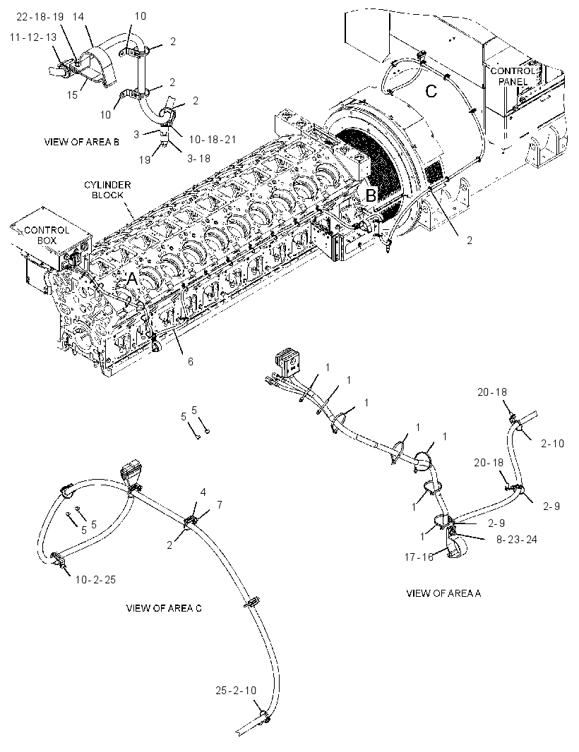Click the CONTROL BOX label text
47,234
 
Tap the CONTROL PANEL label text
513,76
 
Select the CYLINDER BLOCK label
107,190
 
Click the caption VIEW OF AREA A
443,593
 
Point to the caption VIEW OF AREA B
82,142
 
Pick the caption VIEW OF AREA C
164,608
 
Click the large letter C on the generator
431,91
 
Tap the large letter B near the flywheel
371,195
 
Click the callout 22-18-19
40,17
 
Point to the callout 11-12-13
32,37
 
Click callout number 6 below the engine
191,361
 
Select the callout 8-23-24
517,539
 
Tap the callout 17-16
419,557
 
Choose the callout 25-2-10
236,691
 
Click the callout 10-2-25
95,579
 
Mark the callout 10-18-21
213,140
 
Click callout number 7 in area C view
220,504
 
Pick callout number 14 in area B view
78,17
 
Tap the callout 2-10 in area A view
553,444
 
